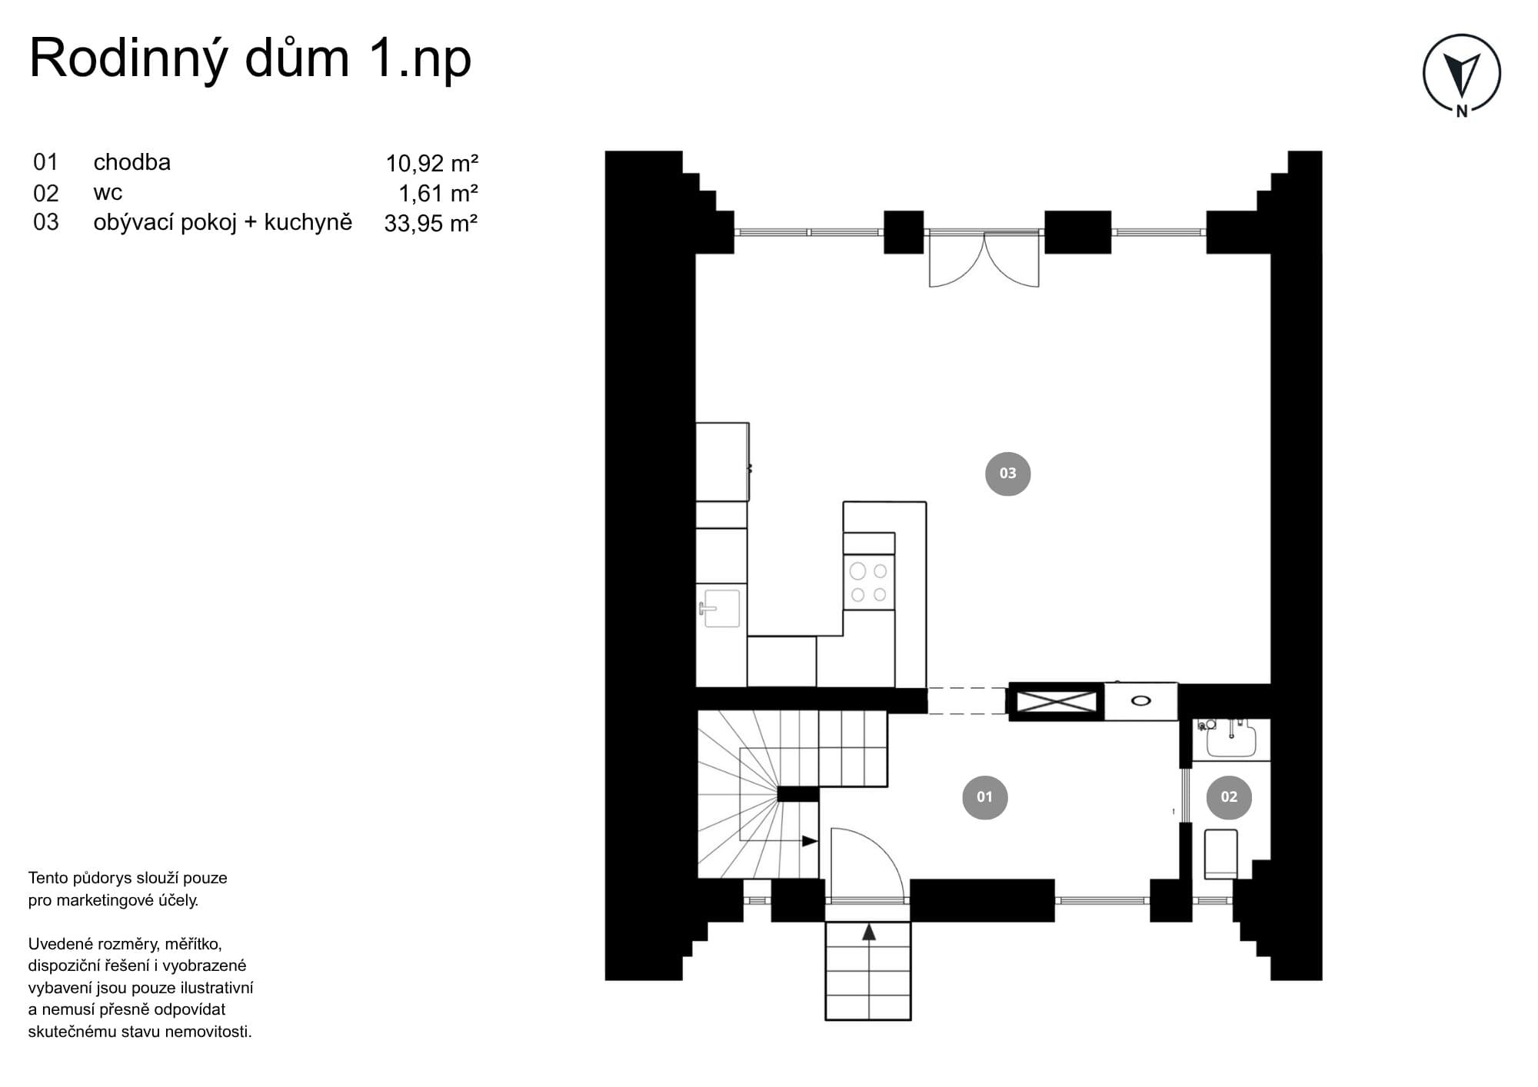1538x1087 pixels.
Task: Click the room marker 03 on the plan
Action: coord(1007,474)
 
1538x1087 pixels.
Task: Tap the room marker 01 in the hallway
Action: coord(984,797)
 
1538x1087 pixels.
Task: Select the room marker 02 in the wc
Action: coord(1229,797)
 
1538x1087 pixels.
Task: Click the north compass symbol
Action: coord(1461,75)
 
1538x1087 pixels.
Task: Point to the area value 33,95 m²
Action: coord(431,223)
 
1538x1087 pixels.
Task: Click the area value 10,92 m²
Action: coord(431,163)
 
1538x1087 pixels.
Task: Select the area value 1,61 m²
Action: coord(438,193)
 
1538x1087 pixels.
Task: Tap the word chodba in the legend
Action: coord(132,162)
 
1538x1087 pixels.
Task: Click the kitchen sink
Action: coord(721,609)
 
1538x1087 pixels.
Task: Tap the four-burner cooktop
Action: coord(869,582)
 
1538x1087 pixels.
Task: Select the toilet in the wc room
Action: coord(1220,853)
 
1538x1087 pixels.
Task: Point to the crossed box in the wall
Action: coord(1057,702)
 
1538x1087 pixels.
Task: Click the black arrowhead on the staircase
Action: coord(810,841)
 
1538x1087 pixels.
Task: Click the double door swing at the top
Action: coord(984,259)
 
